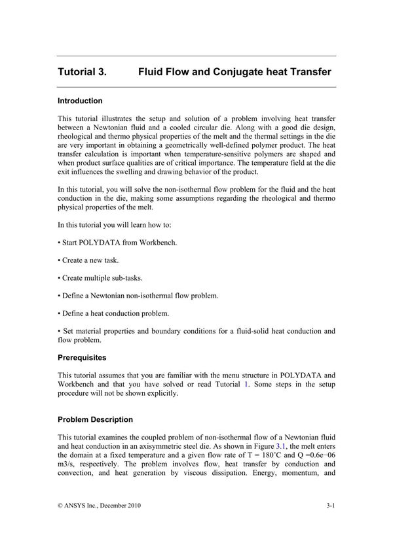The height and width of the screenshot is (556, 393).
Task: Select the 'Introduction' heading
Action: tap(80, 101)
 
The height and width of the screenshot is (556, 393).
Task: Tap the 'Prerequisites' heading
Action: tap(82, 358)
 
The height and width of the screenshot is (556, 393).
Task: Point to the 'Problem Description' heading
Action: tap(95, 419)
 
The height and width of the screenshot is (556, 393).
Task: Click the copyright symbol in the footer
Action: tap(61, 506)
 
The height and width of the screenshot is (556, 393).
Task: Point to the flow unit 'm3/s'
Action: tap(67, 464)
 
